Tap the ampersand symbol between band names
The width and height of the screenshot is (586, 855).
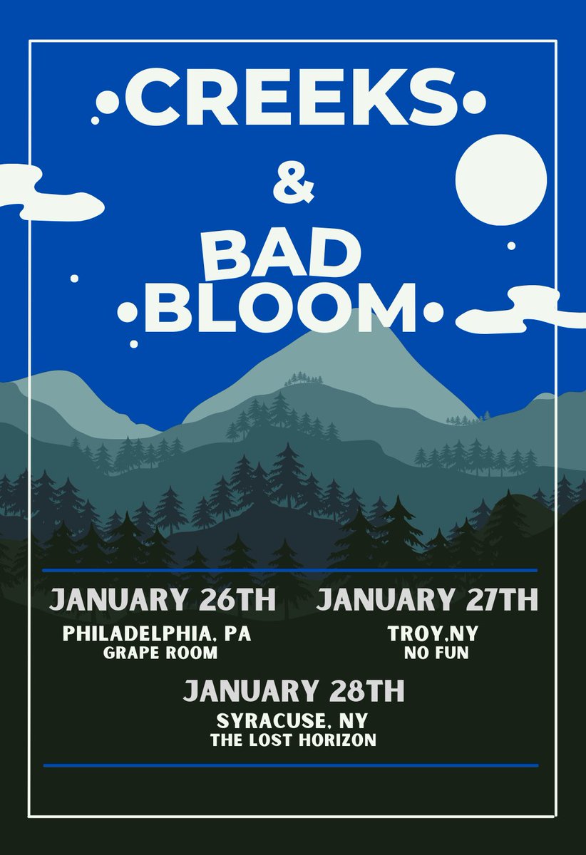coord(294,186)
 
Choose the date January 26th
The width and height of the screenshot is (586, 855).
coord(162,599)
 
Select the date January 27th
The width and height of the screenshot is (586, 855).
coord(426,599)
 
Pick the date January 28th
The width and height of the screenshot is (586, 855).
coord(294,691)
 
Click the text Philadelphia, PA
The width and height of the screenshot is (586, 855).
coord(157,634)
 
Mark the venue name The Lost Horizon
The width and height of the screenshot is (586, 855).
coord(293,741)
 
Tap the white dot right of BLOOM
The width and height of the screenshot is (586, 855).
coord(433,311)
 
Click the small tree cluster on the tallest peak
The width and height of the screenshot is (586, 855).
coord(299,378)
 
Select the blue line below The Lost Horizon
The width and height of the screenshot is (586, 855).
coord(291,765)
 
